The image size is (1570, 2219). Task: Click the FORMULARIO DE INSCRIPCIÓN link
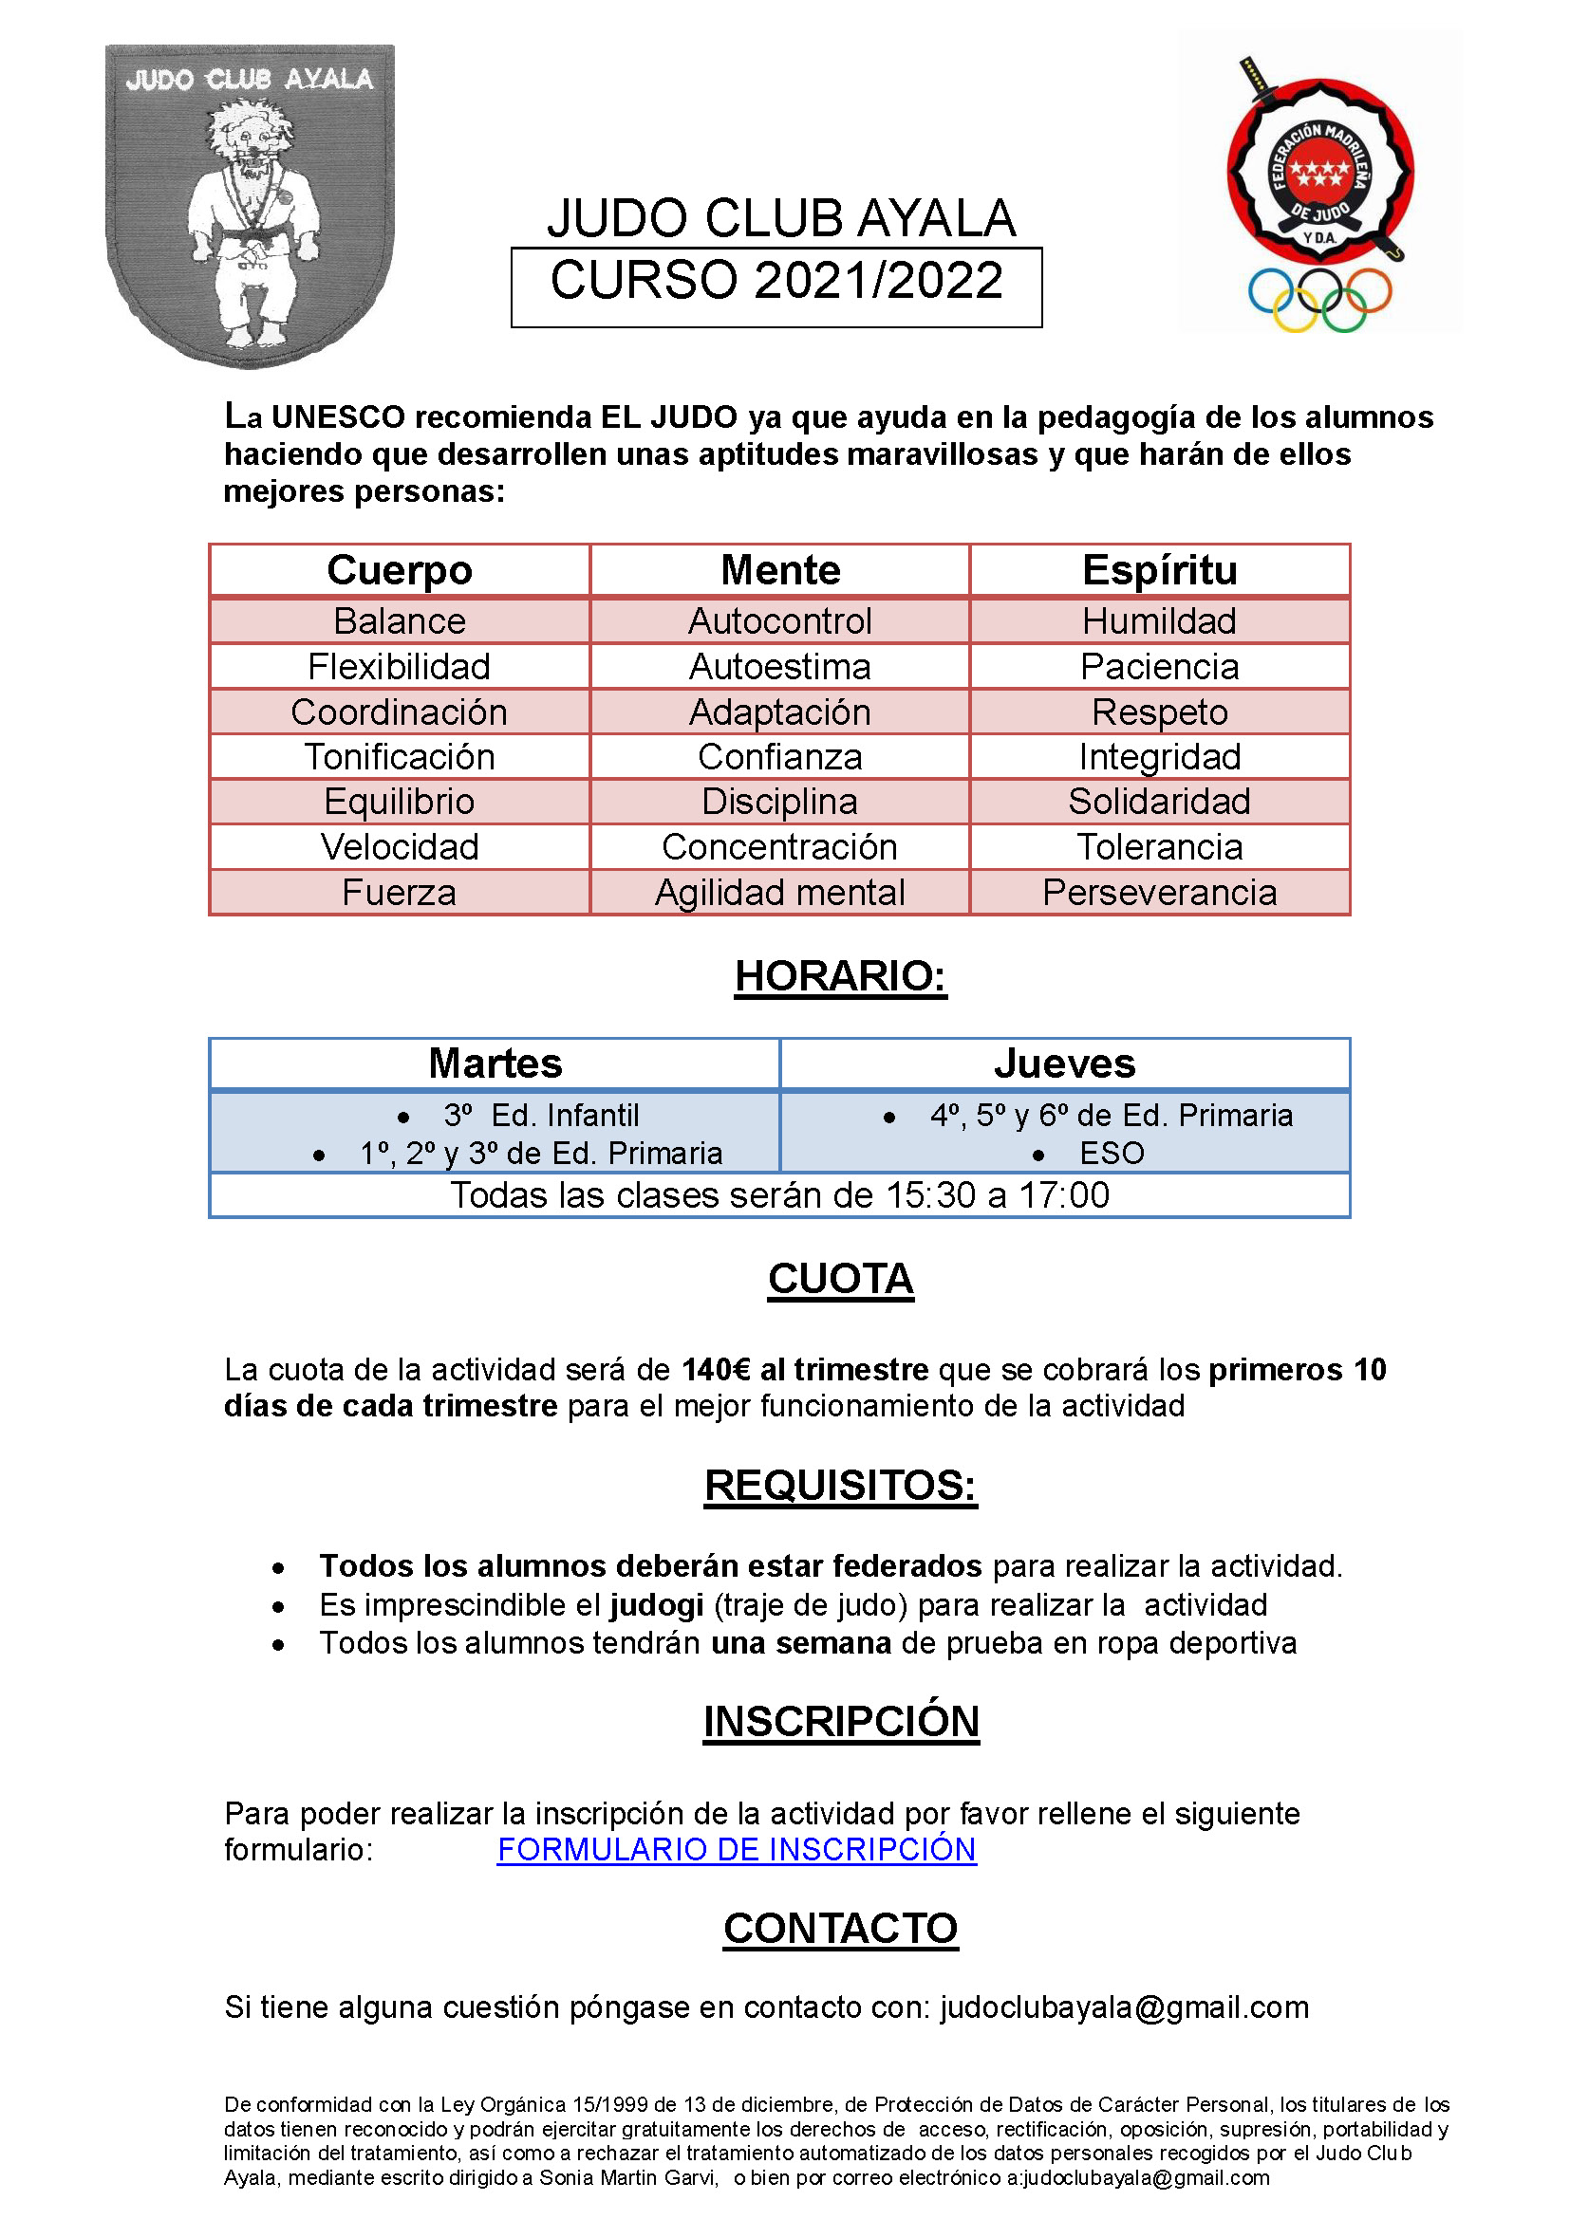(x=736, y=1849)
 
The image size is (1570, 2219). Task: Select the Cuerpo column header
(x=400, y=570)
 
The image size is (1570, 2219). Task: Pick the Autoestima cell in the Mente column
(x=779, y=667)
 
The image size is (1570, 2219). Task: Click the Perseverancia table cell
(x=1159, y=893)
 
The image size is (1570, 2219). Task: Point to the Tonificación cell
(x=400, y=757)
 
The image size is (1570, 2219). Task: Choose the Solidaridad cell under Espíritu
(x=1159, y=803)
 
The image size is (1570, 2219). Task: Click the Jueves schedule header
(x=1064, y=1064)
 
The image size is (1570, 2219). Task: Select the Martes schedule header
(x=495, y=1064)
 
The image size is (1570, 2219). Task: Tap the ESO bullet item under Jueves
(x=1112, y=1153)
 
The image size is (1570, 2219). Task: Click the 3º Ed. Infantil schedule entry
(x=541, y=1116)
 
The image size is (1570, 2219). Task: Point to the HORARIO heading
(x=840, y=976)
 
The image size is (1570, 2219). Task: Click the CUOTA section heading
(x=840, y=1280)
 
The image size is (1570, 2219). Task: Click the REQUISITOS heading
(x=840, y=1486)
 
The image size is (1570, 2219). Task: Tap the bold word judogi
(x=656, y=1605)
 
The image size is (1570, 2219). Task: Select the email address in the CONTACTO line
(x=1124, y=2007)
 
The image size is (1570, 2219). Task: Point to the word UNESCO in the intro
(x=337, y=417)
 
